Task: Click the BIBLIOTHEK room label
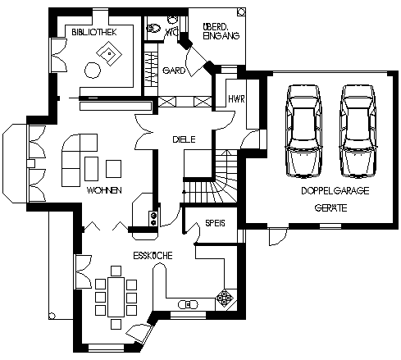coord(94,32)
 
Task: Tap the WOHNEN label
coord(104,190)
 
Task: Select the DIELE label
coord(184,139)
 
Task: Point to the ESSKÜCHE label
coord(153,256)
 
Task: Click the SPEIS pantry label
coord(215,223)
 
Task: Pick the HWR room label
coord(236,99)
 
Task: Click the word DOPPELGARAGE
coord(335,190)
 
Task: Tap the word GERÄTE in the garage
coord(330,208)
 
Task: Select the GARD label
coord(174,71)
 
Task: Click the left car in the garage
coord(303,131)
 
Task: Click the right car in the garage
coord(358,131)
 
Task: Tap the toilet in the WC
coord(153,28)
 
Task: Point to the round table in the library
coord(93,71)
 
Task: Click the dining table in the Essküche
coord(116,297)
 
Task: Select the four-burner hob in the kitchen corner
coord(225,298)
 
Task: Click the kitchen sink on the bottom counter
coord(188,304)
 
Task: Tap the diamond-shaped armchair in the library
coord(109,53)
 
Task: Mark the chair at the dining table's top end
coord(116,271)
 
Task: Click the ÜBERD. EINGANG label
coord(221,31)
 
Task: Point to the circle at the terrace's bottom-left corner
coord(52,316)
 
